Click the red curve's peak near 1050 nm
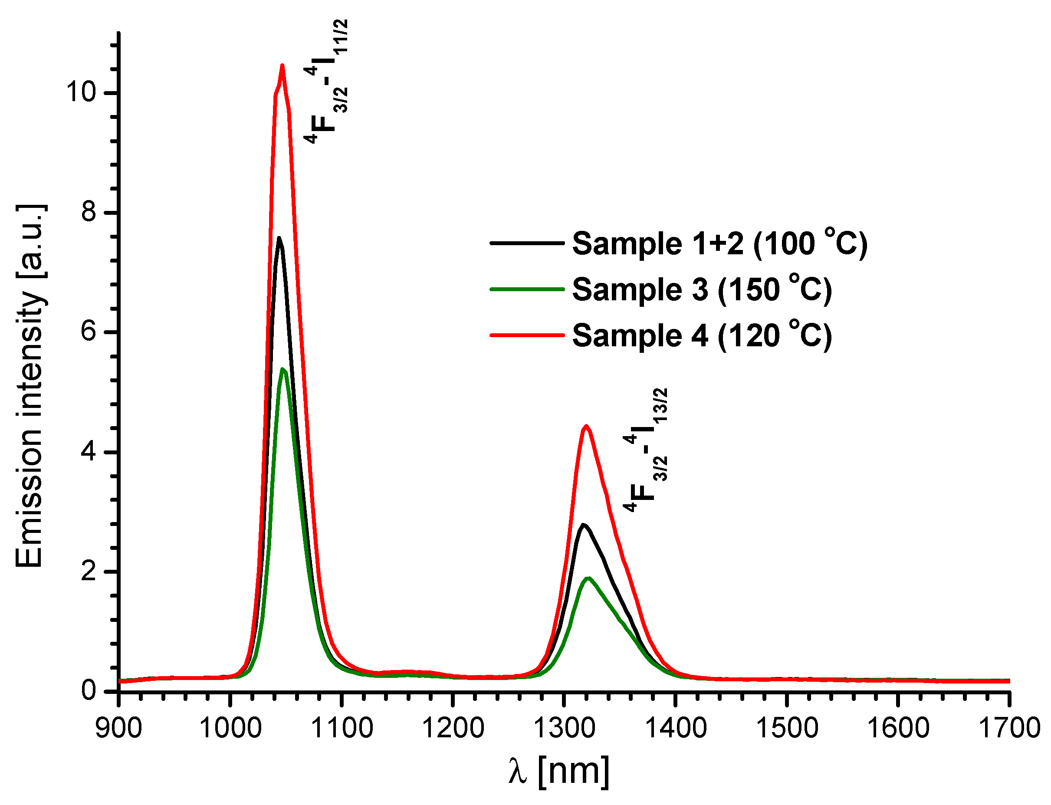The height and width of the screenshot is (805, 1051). (x=282, y=65)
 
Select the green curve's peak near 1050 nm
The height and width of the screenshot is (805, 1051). (x=282, y=369)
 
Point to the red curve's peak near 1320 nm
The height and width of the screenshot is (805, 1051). (x=586, y=426)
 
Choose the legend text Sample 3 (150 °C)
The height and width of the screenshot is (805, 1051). (x=702, y=290)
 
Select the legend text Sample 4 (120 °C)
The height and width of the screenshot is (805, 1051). (x=702, y=335)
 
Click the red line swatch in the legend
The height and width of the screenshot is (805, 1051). (x=527, y=335)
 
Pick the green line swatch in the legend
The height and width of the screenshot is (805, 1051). (x=527, y=289)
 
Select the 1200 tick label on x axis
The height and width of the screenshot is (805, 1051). (x=453, y=728)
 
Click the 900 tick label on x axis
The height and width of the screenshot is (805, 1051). (x=119, y=728)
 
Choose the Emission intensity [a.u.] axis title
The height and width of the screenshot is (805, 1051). (x=30, y=386)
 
